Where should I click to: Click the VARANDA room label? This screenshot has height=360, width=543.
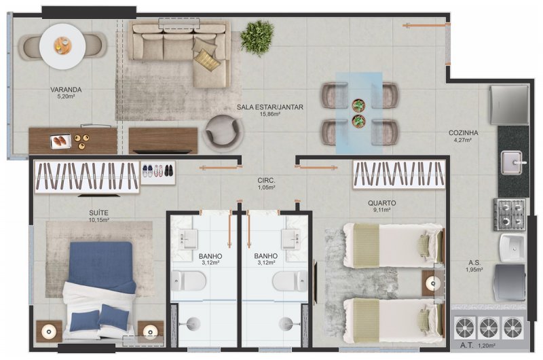pyautogui.click(x=66, y=90)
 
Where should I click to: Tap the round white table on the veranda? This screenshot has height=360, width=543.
pyautogui.click(x=62, y=46)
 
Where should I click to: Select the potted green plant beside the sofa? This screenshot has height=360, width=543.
pyautogui.click(x=257, y=37)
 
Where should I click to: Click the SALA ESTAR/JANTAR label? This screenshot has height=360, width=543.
pyautogui.click(x=269, y=107)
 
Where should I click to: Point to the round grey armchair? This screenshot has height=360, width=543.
pyautogui.click(x=223, y=133)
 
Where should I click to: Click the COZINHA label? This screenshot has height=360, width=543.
pyautogui.click(x=464, y=132)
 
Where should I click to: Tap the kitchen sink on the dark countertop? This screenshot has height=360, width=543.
pyautogui.click(x=512, y=163)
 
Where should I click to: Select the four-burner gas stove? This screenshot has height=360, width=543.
pyautogui.click(x=510, y=215)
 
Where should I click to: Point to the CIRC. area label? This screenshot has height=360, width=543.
pyautogui.click(x=266, y=181)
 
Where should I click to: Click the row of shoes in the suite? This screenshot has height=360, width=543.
pyautogui.click(x=158, y=170)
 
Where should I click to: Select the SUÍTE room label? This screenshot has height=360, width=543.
pyautogui.click(x=98, y=213)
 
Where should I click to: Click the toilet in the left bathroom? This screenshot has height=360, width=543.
pyautogui.click(x=189, y=281)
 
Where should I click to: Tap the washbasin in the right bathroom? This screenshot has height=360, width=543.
pyautogui.click(x=291, y=239)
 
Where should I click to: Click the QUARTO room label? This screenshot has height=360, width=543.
pyautogui.click(x=382, y=203)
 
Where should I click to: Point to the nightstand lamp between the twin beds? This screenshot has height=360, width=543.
pyautogui.click(x=432, y=283)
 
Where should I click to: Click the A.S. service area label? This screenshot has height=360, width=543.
pyautogui.click(x=474, y=263)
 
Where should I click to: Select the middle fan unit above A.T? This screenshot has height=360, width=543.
pyautogui.click(x=488, y=327)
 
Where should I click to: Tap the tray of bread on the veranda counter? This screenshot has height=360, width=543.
pyautogui.click(x=61, y=141)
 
